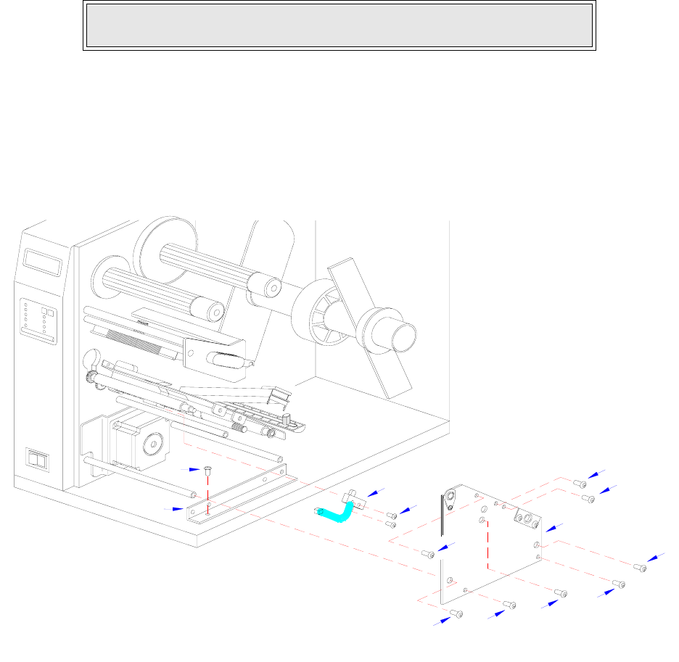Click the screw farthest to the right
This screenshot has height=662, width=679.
tap(640, 567)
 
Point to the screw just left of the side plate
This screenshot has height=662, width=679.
tap(429, 554)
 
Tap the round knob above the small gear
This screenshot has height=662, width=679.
tap(93, 359)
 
